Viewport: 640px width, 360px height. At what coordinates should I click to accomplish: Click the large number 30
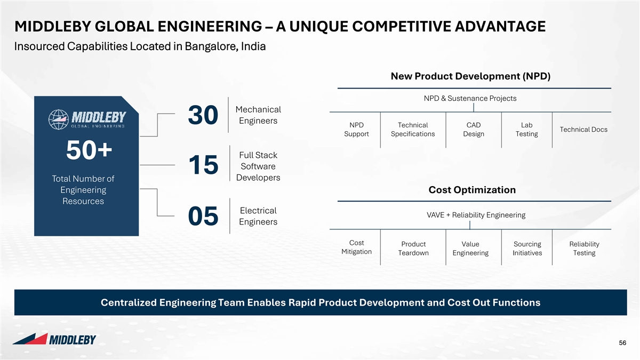click(x=203, y=115)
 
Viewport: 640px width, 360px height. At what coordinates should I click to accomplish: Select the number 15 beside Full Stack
click(x=203, y=165)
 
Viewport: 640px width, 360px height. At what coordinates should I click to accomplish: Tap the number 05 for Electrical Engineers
click(x=203, y=216)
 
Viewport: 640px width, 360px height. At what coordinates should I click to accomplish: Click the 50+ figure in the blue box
click(x=89, y=150)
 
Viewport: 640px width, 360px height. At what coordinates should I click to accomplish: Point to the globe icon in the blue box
click(x=59, y=119)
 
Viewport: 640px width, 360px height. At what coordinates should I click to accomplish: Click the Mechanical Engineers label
click(x=258, y=115)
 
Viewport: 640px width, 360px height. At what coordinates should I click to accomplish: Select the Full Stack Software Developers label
click(x=258, y=166)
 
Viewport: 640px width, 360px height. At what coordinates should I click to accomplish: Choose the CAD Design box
click(x=474, y=130)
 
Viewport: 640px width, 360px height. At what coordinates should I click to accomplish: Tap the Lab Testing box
click(x=526, y=130)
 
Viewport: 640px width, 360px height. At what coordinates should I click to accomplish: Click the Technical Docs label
click(x=583, y=130)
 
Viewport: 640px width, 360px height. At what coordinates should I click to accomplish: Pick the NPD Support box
click(x=356, y=130)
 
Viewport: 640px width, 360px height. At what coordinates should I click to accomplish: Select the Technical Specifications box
click(x=413, y=130)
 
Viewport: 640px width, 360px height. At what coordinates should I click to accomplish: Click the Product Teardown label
click(x=413, y=249)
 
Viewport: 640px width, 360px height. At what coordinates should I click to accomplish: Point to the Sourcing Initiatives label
click(x=527, y=249)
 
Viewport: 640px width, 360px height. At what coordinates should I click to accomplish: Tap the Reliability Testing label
click(x=585, y=249)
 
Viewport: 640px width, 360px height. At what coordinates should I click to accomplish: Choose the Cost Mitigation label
click(x=357, y=247)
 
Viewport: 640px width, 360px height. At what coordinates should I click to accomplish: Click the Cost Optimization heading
click(x=472, y=190)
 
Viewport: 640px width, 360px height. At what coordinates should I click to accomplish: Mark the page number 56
click(x=622, y=343)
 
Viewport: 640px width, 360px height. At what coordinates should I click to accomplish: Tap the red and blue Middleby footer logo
click(x=54, y=339)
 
